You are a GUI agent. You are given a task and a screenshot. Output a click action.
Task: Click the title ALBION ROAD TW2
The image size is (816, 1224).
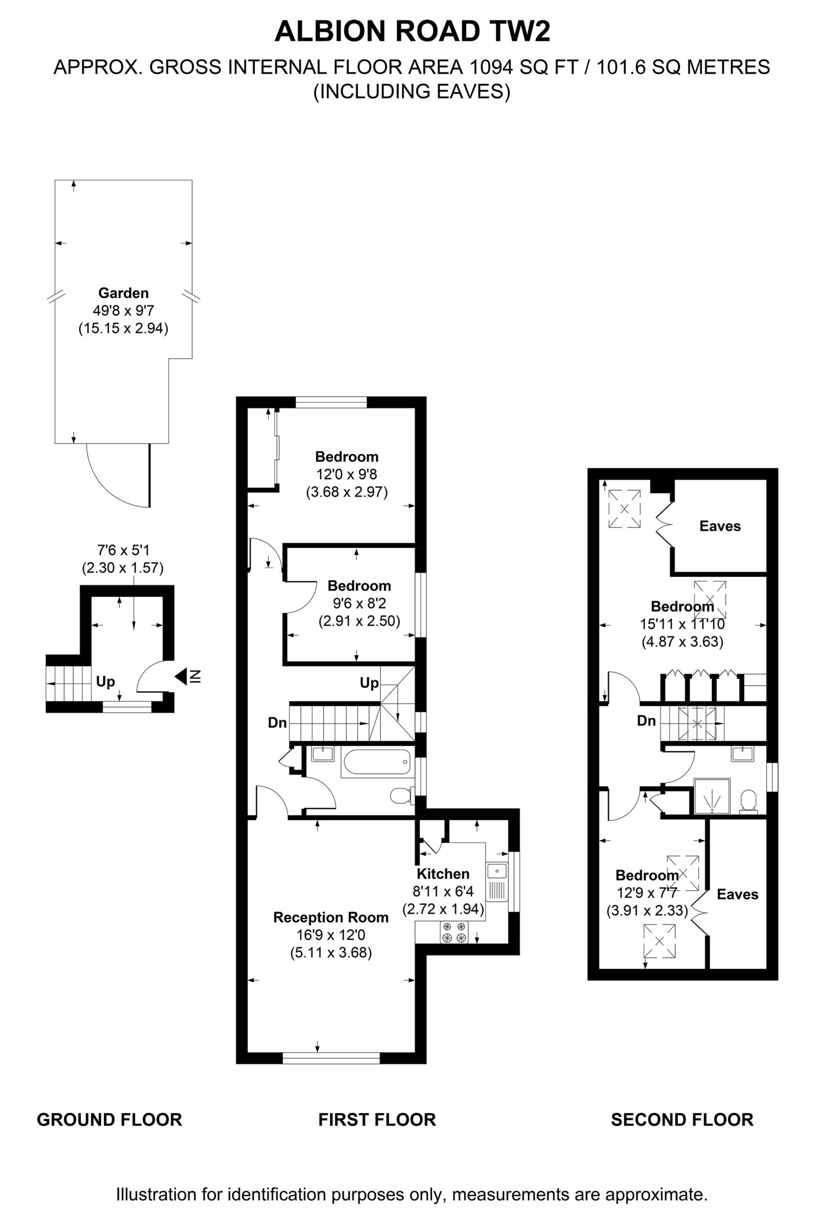click(x=412, y=31)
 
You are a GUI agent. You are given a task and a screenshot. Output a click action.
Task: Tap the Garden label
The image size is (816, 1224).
click(x=123, y=293)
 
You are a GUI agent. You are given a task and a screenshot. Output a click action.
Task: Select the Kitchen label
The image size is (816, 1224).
click(x=443, y=874)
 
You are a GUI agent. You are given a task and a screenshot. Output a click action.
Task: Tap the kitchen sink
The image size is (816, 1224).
click(x=497, y=881)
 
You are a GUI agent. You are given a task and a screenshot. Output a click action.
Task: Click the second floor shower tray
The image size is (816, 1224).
click(x=712, y=796)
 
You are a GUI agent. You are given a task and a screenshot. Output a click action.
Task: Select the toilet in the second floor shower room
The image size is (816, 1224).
click(x=749, y=801)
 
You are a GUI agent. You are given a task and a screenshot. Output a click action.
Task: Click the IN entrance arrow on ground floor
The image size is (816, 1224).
click(x=188, y=677)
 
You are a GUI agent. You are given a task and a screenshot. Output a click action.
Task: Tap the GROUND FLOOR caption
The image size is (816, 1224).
click(x=109, y=1119)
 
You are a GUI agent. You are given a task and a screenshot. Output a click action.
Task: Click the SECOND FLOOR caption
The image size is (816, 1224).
click(x=682, y=1119)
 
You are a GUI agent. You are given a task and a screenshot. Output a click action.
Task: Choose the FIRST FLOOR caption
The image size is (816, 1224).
click(x=377, y=1119)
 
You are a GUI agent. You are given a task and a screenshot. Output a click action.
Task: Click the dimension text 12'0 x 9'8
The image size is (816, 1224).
click(x=347, y=474)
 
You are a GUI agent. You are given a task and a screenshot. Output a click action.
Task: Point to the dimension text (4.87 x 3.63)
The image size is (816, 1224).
click(x=682, y=641)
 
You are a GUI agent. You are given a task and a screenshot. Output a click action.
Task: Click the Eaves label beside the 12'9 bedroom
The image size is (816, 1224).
click(x=738, y=894)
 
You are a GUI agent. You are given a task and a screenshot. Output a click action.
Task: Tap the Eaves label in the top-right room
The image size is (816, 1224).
click(x=720, y=526)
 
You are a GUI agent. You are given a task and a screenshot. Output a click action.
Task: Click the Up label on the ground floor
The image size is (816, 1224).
click(x=106, y=682)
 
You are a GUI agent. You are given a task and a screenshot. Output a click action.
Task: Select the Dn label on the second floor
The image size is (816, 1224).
click(x=646, y=721)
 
